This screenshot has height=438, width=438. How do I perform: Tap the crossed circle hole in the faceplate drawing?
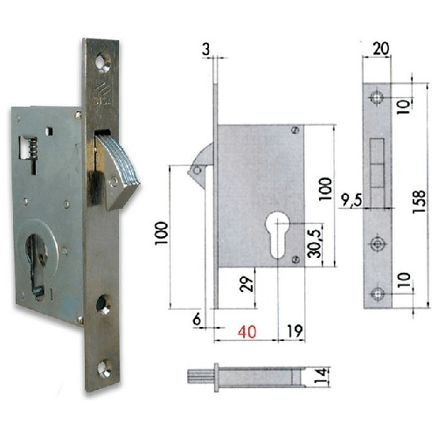(377, 243)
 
